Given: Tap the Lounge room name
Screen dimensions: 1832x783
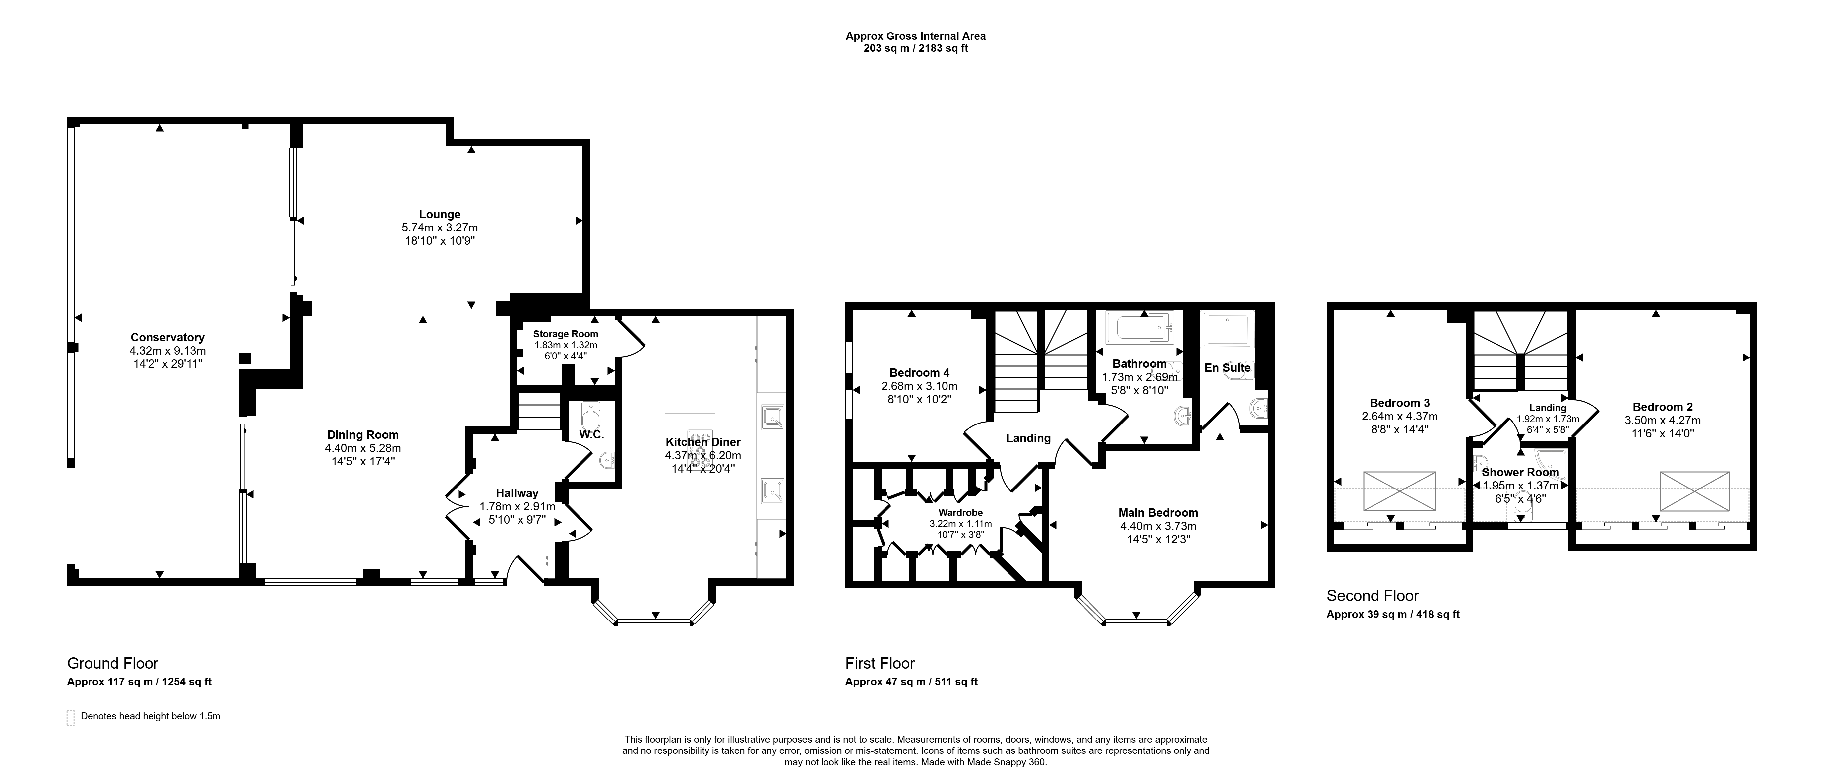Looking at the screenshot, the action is tap(440, 214).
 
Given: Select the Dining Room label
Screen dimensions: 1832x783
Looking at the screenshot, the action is tap(363, 434).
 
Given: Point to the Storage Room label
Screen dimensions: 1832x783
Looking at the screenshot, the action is tap(566, 334).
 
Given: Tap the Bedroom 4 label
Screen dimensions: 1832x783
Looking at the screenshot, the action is tap(919, 373).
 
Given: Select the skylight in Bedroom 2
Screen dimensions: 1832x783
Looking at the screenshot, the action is tap(1694, 491).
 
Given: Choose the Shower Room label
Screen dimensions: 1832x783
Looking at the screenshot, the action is tap(1520, 472).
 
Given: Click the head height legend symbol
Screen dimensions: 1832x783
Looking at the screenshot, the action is tap(70, 718).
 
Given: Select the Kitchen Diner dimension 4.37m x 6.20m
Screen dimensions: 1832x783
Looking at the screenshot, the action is tap(702, 455).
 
